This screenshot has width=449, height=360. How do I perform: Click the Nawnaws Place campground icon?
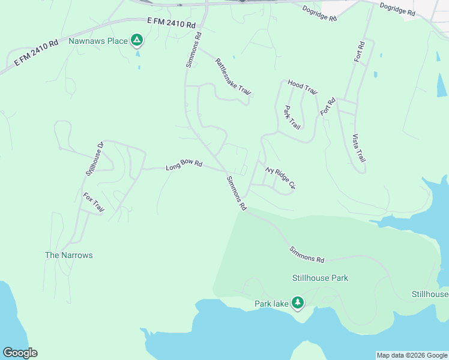pyautogui.click(x=137, y=41)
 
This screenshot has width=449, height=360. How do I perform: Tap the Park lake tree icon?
pyautogui.click(x=297, y=303)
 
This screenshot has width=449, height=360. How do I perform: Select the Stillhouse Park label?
pyautogui.click(x=320, y=278)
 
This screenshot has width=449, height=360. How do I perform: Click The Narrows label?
pyautogui.click(x=69, y=255)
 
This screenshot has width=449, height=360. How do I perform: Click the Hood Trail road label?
pyautogui.click(x=302, y=87)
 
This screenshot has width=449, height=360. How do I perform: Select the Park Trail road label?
pyautogui.click(x=292, y=118)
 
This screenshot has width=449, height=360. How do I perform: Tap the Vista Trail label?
pyautogui.click(x=359, y=148)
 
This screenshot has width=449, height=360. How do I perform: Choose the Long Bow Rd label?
pyautogui.click(x=184, y=164)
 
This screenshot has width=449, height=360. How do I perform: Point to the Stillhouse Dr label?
pyautogui.click(x=95, y=158)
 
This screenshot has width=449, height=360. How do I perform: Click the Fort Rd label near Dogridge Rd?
pyautogui.click(x=360, y=52)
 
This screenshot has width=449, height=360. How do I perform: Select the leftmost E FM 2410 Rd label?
pyautogui.click(x=32, y=53)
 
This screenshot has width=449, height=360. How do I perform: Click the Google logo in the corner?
pyautogui.click(x=20, y=353)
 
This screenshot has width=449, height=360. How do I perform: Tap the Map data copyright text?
pyautogui.click(x=412, y=355)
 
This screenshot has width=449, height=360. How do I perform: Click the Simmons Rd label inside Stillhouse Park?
pyautogui.click(x=307, y=254)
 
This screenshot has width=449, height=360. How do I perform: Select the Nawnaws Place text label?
pyautogui.click(x=98, y=41)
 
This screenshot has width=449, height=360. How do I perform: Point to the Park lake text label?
pyautogui.click(x=271, y=304)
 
